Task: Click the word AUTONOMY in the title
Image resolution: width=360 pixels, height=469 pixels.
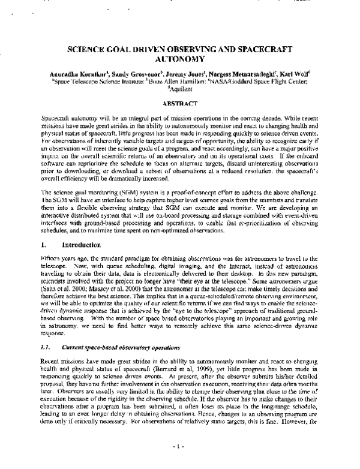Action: coord(180,60)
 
